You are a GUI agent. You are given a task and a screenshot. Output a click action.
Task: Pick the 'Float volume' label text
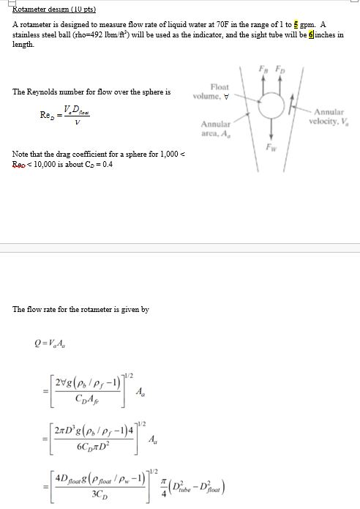pyautogui.click(x=218, y=92)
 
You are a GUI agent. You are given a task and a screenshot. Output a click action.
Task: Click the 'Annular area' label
pyautogui.click(x=215, y=129)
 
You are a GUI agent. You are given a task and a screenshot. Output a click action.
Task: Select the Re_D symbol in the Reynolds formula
pyautogui.click(x=46, y=116)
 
